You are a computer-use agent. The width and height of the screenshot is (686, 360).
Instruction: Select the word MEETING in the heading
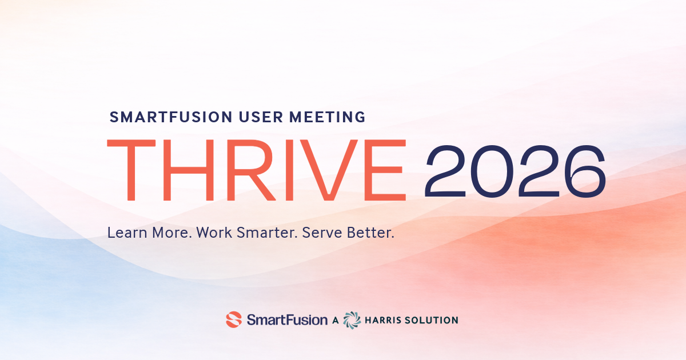(328, 117)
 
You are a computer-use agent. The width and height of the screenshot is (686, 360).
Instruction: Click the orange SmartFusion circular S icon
(234, 319)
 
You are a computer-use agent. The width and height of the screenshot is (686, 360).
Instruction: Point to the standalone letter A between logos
(336, 320)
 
